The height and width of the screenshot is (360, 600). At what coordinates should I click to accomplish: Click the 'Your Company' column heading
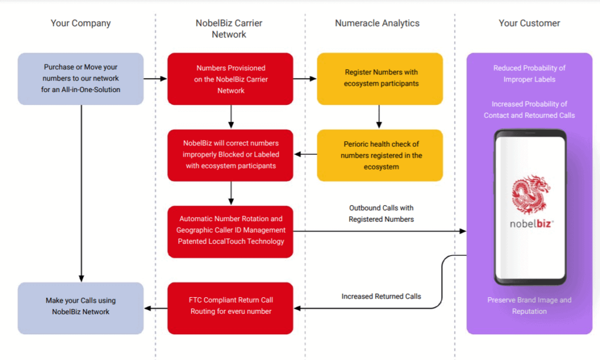pyautogui.click(x=81, y=23)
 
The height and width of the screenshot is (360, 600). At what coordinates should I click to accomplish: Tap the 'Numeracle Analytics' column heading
pyautogui.click(x=377, y=23)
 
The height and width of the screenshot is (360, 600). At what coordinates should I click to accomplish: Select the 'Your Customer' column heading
pyautogui.click(x=529, y=23)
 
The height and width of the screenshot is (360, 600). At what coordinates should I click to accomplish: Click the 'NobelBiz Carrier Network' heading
pyautogui.click(x=229, y=29)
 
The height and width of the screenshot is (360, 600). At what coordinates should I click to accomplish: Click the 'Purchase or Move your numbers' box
pyautogui.click(x=81, y=79)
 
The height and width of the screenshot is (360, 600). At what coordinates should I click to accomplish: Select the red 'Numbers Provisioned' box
pyautogui.click(x=230, y=79)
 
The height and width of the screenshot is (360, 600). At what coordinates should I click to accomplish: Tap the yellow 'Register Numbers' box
pyautogui.click(x=380, y=79)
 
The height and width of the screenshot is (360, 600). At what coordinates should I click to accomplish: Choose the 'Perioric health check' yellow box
pyautogui.click(x=380, y=155)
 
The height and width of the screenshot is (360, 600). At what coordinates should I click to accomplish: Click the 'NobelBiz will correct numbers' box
pyautogui.click(x=230, y=155)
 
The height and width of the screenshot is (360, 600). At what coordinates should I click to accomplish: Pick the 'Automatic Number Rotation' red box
pyautogui.click(x=230, y=232)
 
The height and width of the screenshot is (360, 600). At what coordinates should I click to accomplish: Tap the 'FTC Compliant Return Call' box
pyautogui.click(x=230, y=308)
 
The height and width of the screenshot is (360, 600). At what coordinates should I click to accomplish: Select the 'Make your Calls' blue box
pyautogui.click(x=81, y=308)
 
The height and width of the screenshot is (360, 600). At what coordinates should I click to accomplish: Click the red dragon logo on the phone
pyautogui.click(x=531, y=194)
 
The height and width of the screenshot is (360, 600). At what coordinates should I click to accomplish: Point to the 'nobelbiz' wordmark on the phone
pyautogui.click(x=532, y=223)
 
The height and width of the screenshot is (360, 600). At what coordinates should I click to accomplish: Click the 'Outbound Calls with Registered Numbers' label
pyautogui.click(x=381, y=213)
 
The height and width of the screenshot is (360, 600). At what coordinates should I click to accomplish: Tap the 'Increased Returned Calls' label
pyautogui.click(x=381, y=297)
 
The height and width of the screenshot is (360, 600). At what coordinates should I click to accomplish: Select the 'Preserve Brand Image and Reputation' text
pyautogui.click(x=529, y=305)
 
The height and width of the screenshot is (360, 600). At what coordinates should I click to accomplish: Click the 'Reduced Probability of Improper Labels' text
pyautogui.click(x=529, y=73)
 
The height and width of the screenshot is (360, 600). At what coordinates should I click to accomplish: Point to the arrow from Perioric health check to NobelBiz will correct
pyautogui.click(x=305, y=154)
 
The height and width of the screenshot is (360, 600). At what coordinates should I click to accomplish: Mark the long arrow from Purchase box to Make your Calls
pyautogui.click(x=81, y=193)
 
